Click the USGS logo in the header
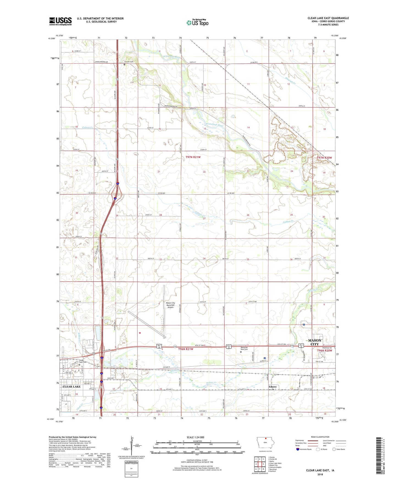click(60, 21)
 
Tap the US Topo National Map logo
click(197, 23)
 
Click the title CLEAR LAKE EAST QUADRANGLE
click(328, 18)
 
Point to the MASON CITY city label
click(315, 342)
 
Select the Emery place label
click(273, 387)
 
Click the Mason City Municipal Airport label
click(170, 305)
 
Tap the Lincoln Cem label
click(129, 62)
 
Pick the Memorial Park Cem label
click(244, 348)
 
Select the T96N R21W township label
click(186, 349)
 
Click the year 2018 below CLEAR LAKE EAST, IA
click(320, 474)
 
